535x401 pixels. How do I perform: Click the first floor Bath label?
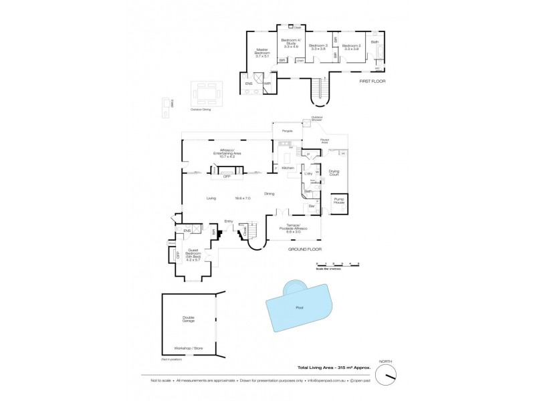[x=375, y=41]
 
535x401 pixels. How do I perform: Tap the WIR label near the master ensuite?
[x=266, y=84]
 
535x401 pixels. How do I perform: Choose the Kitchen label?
[x=288, y=167]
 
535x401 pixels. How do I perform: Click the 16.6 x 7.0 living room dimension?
[x=241, y=198]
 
